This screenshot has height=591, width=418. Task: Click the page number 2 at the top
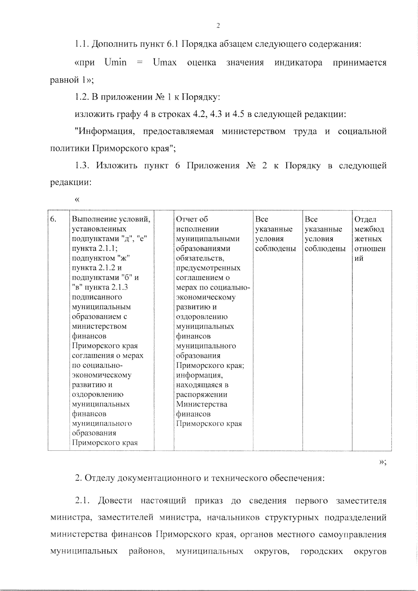218,25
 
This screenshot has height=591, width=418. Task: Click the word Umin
115,63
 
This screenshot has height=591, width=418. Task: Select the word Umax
164,63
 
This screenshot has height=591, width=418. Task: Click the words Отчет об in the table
192,219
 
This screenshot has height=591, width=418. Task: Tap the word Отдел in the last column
365,219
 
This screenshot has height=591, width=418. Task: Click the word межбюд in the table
369,229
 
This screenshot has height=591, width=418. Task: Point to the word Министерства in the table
202,404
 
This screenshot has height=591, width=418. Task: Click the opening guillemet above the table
77,199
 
